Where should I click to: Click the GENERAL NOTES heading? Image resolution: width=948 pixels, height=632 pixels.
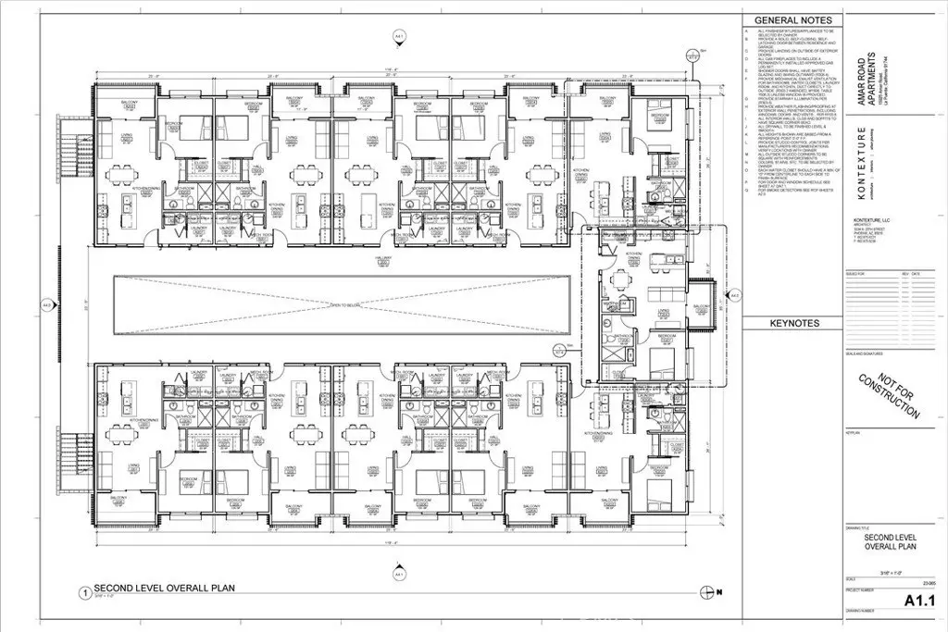click(794, 19)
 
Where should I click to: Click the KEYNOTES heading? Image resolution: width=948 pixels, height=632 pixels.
click(793, 324)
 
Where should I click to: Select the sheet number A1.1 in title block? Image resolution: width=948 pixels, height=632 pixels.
click(921, 601)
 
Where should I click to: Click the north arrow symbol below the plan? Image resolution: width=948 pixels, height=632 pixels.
click(709, 592)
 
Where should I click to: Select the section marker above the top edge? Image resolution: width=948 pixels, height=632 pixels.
click(400, 35)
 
